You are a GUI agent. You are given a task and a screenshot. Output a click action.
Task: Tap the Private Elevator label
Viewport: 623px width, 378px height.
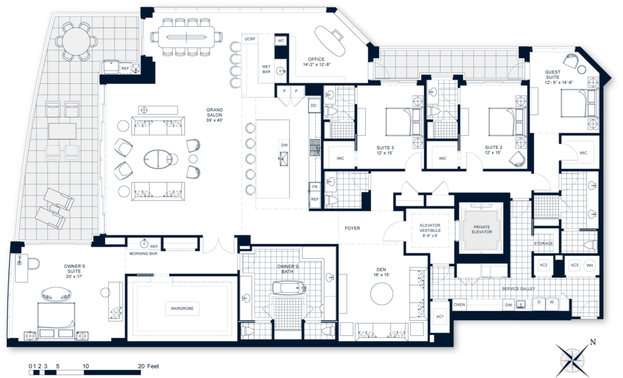pyautogui.click(x=482, y=229)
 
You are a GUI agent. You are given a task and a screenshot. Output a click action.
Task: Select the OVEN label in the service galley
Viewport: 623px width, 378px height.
pyautogui.click(x=459, y=305)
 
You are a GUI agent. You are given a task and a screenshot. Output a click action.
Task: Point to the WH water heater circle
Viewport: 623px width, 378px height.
pyautogui.click(x=589, y=265)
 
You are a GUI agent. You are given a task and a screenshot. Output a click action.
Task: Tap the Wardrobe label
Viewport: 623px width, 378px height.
pyautogui.click(x=182, y=309)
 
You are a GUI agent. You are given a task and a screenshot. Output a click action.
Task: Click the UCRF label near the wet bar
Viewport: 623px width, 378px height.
pyautogui.click(x=249, y=40)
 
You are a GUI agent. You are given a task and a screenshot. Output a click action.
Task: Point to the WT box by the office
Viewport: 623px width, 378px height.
pyautogui.click(x=281, y=40)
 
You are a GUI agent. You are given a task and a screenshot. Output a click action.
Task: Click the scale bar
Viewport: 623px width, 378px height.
pyautogui.click(x=85, y=371)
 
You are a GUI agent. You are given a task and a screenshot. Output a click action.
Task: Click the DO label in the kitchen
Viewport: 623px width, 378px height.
pyautogui.click(x=314, y=105)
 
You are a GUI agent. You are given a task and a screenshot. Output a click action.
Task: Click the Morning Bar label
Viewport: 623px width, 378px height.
pyautogui.click(x=144, y=253)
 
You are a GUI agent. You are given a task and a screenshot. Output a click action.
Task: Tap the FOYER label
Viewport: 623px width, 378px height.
pyautogui.click(x=352, y=229)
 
